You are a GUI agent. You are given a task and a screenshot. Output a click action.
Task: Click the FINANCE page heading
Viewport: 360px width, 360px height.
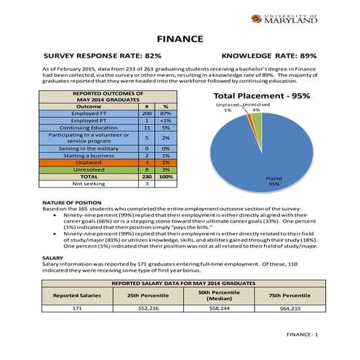pos(179,39)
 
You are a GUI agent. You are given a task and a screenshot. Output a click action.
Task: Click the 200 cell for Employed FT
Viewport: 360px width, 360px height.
pos(146,113)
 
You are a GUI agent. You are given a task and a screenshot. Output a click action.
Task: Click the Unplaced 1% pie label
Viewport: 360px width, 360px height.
pos(228,108)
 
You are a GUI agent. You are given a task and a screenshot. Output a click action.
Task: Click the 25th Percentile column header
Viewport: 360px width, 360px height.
pos(148,295)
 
